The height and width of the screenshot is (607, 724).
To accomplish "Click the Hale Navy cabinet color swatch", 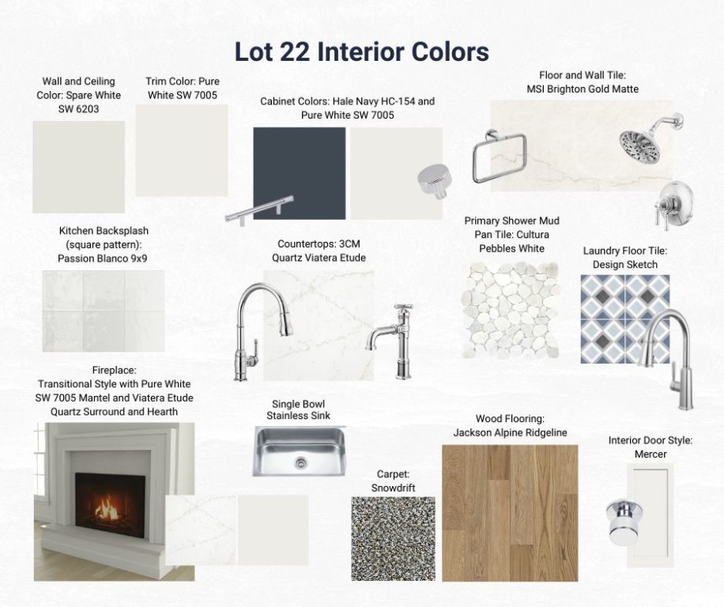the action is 300,173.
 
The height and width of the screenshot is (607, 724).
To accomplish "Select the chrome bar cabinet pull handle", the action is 259,210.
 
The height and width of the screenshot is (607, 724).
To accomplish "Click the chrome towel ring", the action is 500,157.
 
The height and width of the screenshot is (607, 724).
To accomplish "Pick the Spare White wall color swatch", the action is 78,167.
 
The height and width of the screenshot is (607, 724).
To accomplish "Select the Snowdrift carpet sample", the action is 393,539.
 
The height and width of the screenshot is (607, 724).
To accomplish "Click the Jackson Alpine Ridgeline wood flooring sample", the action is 510,513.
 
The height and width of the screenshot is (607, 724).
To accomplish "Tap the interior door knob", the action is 624,522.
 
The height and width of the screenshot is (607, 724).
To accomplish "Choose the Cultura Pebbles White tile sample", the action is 511,311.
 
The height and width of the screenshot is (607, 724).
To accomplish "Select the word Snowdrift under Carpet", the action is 393,488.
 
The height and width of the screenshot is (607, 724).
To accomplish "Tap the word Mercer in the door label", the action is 650,454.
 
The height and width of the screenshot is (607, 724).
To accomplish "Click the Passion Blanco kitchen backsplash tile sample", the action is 104,311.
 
